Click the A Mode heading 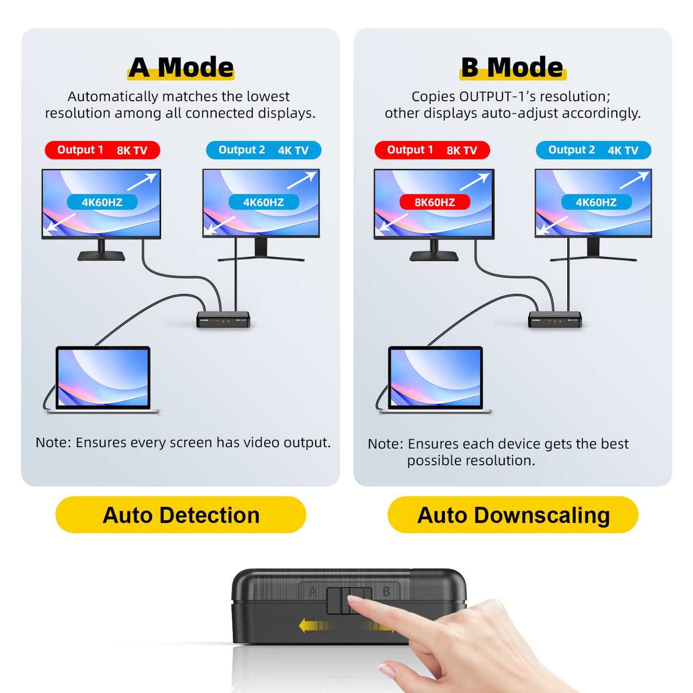click(x=181, y=67)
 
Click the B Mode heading click(x=512, y=67)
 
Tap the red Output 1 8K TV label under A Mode click(x=102, y=150)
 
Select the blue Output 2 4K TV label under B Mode click(x=593, y=150)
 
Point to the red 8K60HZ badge click(x=435, y=202)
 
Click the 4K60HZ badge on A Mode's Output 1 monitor click(x=102, y=202)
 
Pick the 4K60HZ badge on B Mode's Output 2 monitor click(x=596, y=202)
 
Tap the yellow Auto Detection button click(x=181, y=515)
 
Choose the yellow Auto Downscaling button click(x=513, y=515)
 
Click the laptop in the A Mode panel click(x=103, y=379)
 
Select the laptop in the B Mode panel click(x=435, y=379)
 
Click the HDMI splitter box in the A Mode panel click(x=223, y=320)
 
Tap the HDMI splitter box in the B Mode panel click(x=555, y=320)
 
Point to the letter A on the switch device click(x=313, y=592)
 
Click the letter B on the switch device click(x=386, y=592)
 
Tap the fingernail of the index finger click(x=355, y=599)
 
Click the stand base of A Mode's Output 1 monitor click(x=101, y=256)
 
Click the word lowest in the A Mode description click(x=268, y=96)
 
